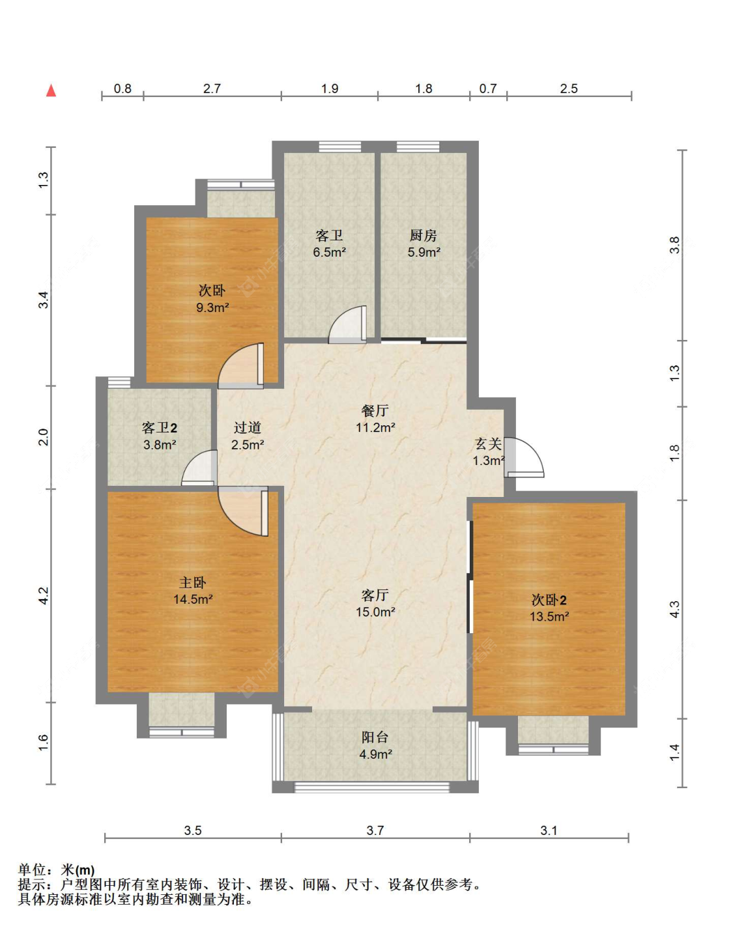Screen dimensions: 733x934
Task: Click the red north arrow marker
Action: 51,91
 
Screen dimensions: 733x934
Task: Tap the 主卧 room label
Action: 193,583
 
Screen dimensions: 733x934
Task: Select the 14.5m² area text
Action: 193,599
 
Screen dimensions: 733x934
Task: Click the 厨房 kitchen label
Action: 424,236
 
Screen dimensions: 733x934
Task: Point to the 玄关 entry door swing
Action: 524,457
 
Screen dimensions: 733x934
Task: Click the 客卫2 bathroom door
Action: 199,468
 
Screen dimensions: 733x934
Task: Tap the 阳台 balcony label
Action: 375,737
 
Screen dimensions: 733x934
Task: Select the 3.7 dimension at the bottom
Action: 375,831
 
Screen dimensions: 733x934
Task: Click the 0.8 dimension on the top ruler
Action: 122,89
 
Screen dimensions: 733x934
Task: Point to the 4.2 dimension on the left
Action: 44,596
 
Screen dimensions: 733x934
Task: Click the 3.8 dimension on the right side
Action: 675,245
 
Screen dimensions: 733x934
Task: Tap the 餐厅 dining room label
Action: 375,411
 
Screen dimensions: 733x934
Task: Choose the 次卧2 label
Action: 549,600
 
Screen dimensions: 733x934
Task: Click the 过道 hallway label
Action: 248,428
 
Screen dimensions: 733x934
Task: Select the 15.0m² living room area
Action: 375,612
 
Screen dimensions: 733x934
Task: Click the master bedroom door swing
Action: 243,511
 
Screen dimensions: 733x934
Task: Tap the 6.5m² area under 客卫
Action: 329,252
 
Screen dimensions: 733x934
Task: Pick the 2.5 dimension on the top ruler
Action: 569,89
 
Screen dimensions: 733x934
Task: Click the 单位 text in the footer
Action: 32,870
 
